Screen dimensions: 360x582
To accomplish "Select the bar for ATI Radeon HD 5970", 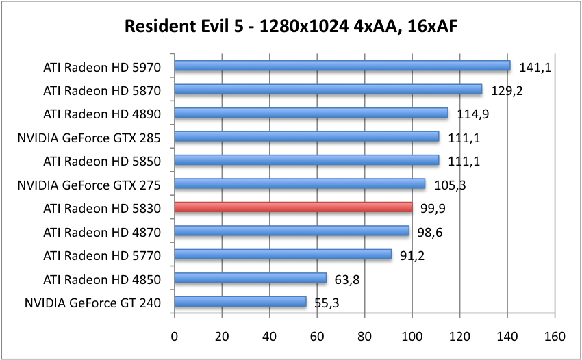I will pyautogui.click(x=342, y=66).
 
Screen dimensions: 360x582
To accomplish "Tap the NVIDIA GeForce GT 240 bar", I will pyautogui.click(x=240, y=301).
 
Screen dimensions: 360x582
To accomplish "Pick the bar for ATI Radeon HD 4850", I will pyautogui.click(x=251, y=278).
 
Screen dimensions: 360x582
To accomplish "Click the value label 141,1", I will pyautogui.click(x=532, y=67).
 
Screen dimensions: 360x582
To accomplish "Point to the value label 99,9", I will pyautogui.click(x=434, y=208).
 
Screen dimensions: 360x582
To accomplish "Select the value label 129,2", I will pyautogui.click(x=507, y=90).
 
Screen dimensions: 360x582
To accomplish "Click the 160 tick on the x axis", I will pyautogui.click(x=554, y=337).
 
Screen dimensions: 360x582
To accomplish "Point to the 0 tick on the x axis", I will pyautogui.click(x=175, y=337).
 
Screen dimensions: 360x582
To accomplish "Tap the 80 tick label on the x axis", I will pyautogui.click(x=364, y=337).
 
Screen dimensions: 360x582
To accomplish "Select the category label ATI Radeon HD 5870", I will pyautogui.click(x=101, y=90).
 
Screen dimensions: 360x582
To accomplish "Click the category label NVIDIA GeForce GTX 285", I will pyautogui.click(x=89, y=138).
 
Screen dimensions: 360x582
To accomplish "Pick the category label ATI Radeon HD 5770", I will pyautogui.click(x=101, y=255).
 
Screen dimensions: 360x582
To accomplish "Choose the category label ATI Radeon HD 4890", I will pyautogui.click(x=101, y=114).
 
